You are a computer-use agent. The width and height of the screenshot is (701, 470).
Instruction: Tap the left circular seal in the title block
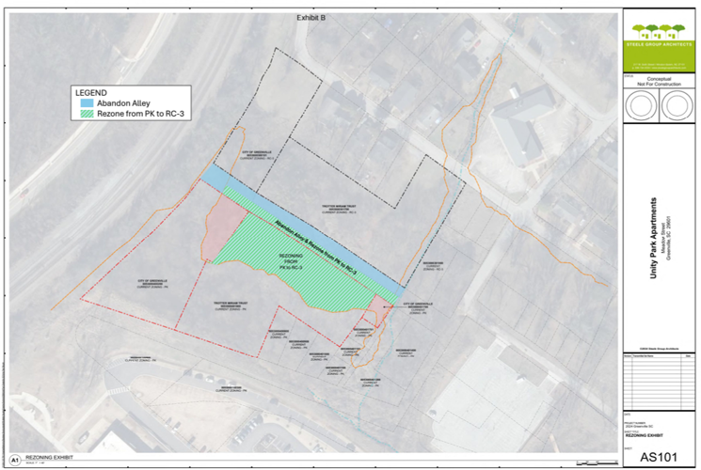click(643, 107)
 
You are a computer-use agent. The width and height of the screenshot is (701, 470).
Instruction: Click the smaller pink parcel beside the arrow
click(376, 308)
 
